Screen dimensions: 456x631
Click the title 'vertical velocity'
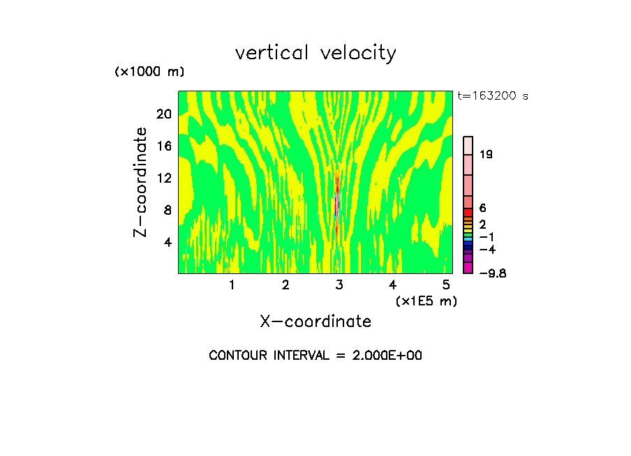pyautogui.click(x=315, y=53)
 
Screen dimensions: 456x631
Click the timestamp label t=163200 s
pyautogui.click(x=492, y=96)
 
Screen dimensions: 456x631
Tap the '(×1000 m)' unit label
pyautogui.click(x=149, y=73)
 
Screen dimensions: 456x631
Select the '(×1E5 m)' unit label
pyautogui.click(x=426, y=301)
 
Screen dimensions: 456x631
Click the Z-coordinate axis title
pyautogui.click(x=141, y=182)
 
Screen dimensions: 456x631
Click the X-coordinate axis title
pyautogui.click(x=315, y=321)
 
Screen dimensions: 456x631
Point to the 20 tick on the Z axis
pyautogui.click(x=163, y=114)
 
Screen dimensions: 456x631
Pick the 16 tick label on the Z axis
pyautogui.click(x=163, y=146)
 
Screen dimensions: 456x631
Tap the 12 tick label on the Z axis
pyautogui.click(x=163, y=178)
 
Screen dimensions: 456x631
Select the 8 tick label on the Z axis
pyautogui.click(x=167, y=211)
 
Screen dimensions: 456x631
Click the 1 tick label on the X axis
pyautogui.click(x=232, y=284)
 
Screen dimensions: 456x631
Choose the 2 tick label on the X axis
pyautogui.click(x=285, y=284)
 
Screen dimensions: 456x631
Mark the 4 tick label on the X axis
pyautogui.click(x=392, y=284)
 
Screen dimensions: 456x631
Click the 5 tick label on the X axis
pyautogui.click(x=445, y=284)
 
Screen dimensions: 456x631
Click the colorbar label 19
pyautogui.click(x=486, y=155)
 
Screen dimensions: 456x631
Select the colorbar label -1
pyautogui.click(x=487, y=237)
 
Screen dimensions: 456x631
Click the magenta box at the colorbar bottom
pyautogui.click(x=468, y=268)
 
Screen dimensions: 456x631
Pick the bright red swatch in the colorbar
pyautogui.click(x=468, y=212)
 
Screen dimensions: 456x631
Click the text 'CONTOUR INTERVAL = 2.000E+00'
pyautogui.click(x=315, y=356)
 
